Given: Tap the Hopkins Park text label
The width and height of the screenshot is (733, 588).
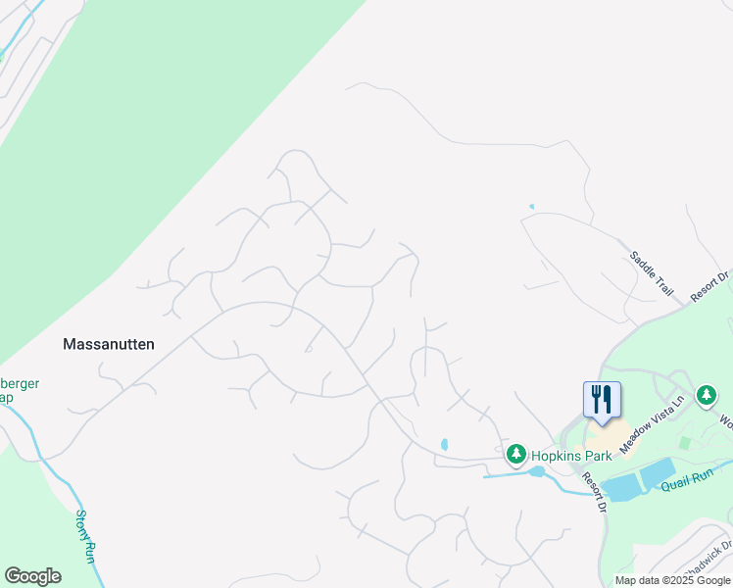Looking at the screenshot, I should click(570, 456).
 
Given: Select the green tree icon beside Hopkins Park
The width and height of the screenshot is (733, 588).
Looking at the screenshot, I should click(515, 455).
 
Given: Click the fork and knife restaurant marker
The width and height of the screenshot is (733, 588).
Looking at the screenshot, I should click(602, 399).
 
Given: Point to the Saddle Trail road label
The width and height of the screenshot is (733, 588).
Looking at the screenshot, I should click(652, 274).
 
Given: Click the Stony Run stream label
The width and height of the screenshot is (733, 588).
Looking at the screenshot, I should click(85, 537).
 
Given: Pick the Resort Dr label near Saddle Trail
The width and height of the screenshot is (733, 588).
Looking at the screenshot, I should click(710, 286).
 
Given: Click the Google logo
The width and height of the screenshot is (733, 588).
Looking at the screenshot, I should click(32, 576).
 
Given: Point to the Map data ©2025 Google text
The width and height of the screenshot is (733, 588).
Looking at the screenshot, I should click(672, 580).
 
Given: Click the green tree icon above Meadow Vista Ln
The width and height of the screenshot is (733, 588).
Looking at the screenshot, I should click(706, 395).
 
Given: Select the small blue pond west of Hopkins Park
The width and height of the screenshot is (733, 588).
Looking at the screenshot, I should click(444, 444).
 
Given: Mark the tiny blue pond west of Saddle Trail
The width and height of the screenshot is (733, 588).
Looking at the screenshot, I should click(531, 207).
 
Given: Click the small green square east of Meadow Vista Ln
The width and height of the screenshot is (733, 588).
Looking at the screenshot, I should click(683, 444).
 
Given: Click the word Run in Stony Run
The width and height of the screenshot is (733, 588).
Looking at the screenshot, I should click(91, 552).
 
